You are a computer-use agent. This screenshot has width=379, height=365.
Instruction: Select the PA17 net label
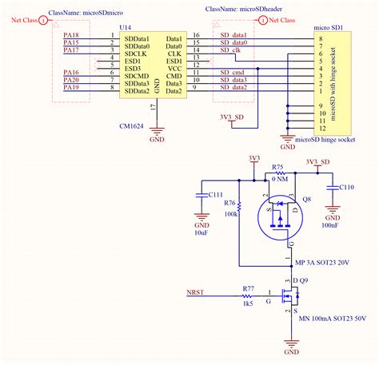click(71, 50)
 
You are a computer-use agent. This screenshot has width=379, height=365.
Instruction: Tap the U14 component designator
click(125, 27)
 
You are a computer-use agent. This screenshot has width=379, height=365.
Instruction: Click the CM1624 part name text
click(131, 103)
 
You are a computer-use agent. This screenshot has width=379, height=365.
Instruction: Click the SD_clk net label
click(229, 50)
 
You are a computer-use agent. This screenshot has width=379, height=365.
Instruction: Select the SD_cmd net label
click(233, 73)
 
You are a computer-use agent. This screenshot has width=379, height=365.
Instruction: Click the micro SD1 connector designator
click(327, 27)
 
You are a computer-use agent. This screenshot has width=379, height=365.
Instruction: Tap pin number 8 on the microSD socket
click(321, 38)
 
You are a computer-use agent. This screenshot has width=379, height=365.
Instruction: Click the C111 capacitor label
click(215, 194)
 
